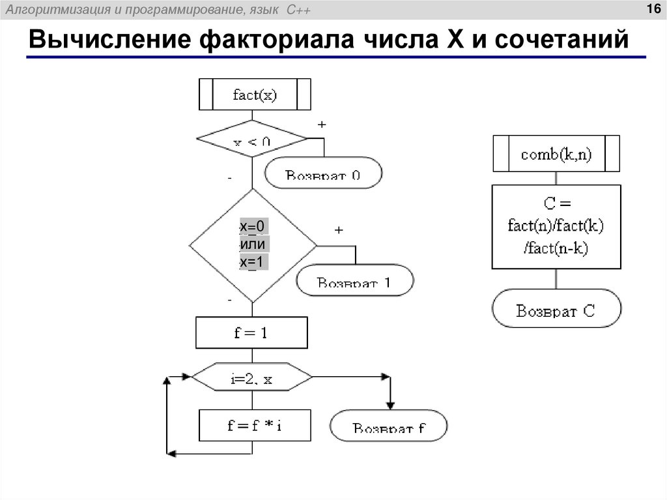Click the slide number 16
pos(652,8)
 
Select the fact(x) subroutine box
pos(255,95)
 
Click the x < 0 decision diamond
pos(252,139)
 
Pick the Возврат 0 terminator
pos(324,173)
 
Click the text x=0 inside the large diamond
pos(252,226)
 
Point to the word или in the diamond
pos(253,244)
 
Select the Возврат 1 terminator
pos(355,282)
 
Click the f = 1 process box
pos(251,332)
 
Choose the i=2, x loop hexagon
pos(251,377)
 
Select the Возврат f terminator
pos(389,427)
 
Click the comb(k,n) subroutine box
pos(556,154)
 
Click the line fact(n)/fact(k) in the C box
pos(556,226)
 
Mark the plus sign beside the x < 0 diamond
pos(322,124)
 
